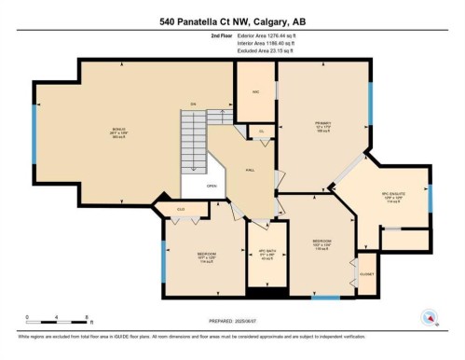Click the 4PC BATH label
[x=265, y=256]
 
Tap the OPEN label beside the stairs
[x=212, y=186]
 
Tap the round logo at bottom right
[x=430, y=317]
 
